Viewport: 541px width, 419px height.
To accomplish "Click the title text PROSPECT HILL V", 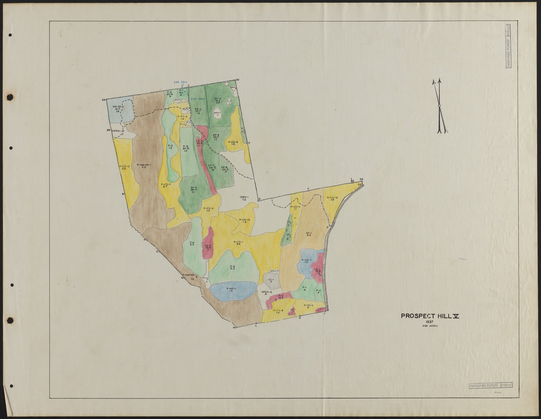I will coord(429,316).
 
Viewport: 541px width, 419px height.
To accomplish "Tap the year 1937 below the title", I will coord(429,322).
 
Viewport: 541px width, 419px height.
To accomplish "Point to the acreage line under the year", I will coord(429,326).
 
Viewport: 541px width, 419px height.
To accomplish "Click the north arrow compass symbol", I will coord(439,106).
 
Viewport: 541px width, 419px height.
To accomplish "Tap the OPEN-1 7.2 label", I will coord(244,199).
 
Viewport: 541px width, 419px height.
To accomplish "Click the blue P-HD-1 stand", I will coord(233,291).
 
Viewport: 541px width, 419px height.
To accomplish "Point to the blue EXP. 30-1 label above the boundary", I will coord(181,82).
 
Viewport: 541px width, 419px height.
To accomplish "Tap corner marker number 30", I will coord(237,80).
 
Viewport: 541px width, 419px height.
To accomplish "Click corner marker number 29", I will coord(104,100).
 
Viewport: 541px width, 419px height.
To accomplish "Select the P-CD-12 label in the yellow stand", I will coord(333,198).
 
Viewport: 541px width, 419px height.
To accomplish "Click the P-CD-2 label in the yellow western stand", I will coord(124,167).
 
